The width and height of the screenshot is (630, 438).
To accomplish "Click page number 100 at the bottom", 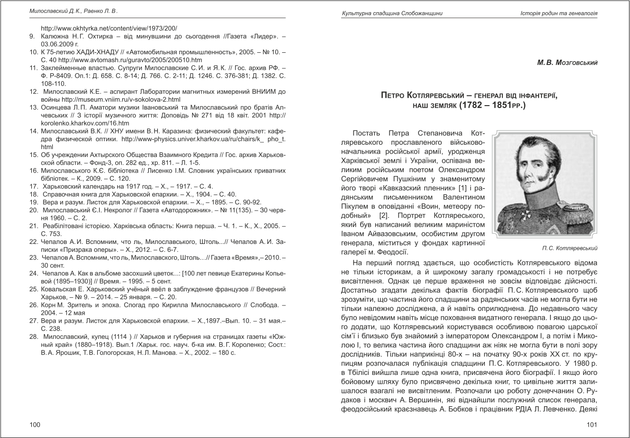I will [35, 424].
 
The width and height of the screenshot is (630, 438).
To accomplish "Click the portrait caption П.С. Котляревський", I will [569, 248].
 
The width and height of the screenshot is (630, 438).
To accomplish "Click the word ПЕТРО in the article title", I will [396, 96].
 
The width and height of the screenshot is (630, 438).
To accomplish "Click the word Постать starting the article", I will [367, 133].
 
